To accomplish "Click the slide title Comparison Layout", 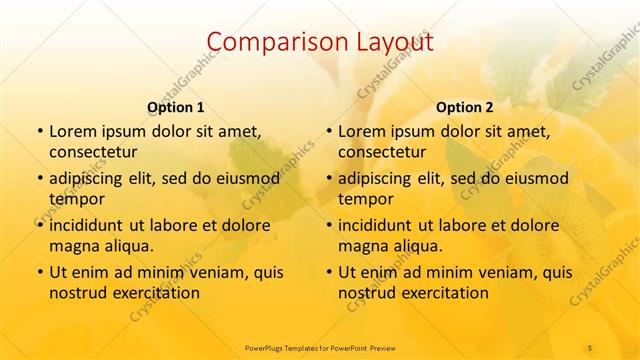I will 320,43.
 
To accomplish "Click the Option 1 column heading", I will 176,107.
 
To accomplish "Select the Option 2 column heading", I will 465,107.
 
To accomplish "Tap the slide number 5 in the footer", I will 590,347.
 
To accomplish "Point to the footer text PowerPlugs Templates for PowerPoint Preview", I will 320,347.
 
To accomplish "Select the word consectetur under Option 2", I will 381,152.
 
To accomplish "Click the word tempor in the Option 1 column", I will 77,199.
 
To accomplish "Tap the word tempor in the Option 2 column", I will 366,199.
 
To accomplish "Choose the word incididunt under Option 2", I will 377,225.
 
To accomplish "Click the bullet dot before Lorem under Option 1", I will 39,131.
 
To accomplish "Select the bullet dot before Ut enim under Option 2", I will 328,272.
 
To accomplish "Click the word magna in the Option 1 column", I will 72,246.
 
